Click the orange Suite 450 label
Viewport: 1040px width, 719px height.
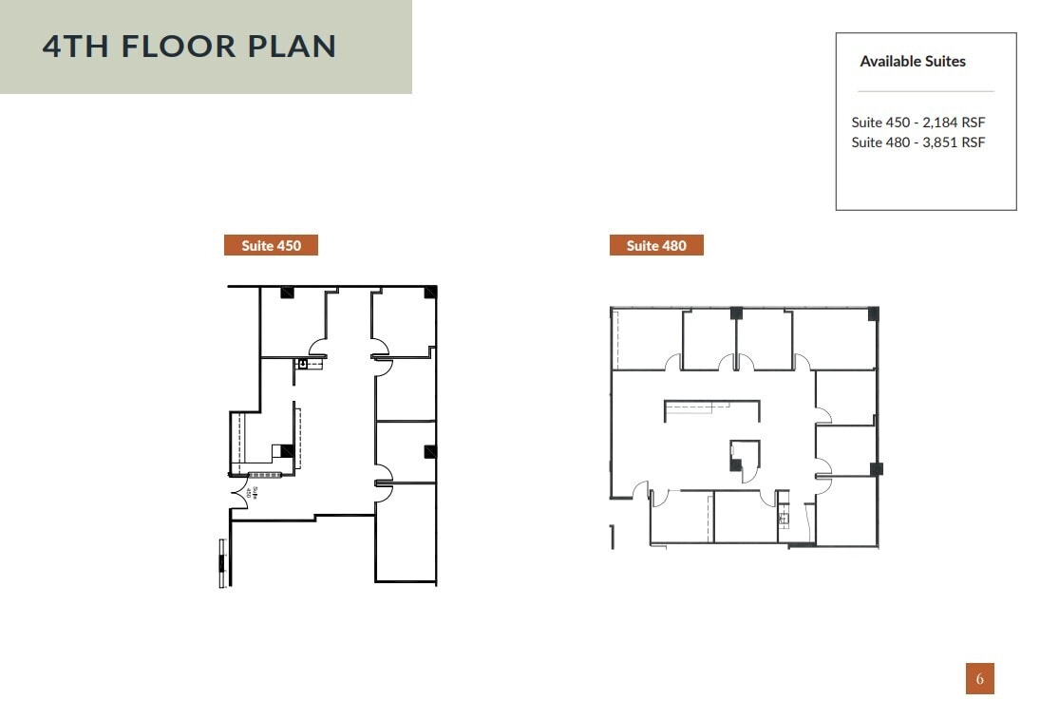[271, 246]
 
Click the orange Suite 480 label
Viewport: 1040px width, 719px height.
[656, 246]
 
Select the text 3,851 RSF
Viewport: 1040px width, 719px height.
[953, 142]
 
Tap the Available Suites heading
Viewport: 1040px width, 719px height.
[912, 62]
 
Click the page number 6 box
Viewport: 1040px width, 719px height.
[979, 679]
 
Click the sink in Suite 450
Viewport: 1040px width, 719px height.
[303, 363]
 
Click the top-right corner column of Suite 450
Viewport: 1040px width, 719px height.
[430, 292]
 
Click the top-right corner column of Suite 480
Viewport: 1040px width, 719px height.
[873, 314]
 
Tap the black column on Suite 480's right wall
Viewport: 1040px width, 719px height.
[876, 468]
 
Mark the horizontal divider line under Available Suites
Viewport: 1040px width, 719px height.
[925, 91]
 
